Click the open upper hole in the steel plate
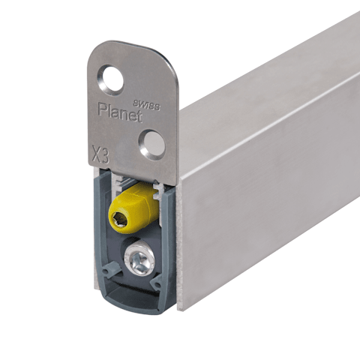[112, 80]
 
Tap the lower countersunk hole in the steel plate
[152, 145]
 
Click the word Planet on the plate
[120, 112]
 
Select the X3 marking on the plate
[100, 154]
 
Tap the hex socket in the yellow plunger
[119, 220]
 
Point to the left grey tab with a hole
[110, 268]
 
